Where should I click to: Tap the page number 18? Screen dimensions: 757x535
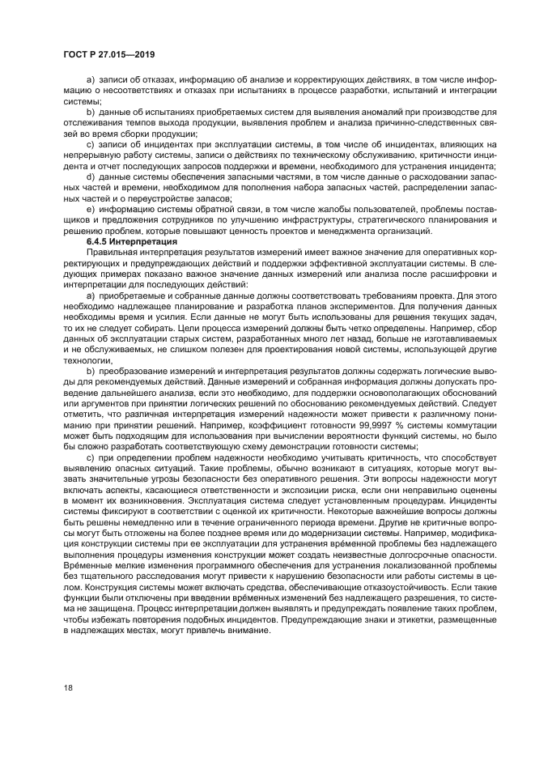(x=67, y=687)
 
